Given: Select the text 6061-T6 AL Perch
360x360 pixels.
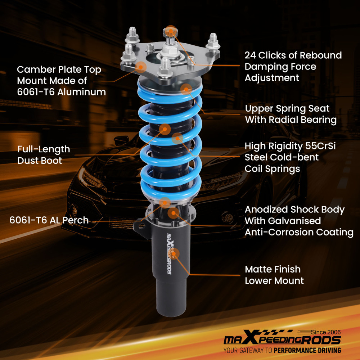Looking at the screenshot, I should point(49,220).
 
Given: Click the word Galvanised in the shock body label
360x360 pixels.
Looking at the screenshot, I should point(283,221).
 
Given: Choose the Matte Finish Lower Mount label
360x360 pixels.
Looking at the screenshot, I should point(274,275).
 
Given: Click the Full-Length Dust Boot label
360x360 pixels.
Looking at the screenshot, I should point(44,155).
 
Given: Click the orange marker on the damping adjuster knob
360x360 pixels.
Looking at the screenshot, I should point(171,31).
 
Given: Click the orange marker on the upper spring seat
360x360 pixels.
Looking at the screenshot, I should point(186,88).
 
